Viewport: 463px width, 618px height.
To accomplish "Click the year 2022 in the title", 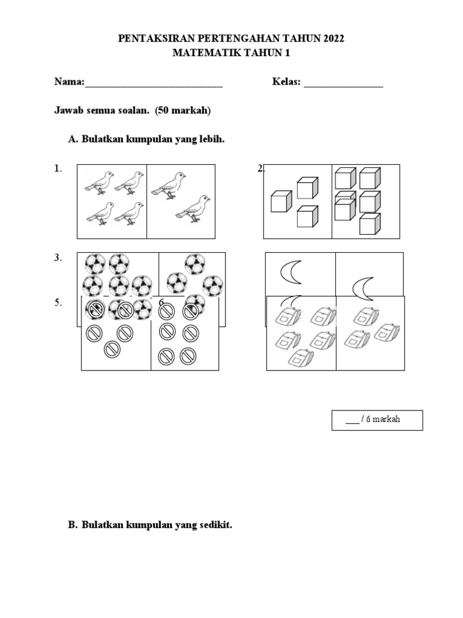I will [332, 39].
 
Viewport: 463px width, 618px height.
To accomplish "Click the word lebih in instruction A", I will [212, 139].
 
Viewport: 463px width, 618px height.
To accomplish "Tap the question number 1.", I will [58, 170].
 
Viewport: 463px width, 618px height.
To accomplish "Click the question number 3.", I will [58, 258].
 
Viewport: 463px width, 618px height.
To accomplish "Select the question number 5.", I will [58, 303].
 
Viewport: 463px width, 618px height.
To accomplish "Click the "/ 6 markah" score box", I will [377, 420].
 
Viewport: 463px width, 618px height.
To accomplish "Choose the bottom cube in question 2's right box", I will [370, 223].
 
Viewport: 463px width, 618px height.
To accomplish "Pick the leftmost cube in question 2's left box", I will [280, 201].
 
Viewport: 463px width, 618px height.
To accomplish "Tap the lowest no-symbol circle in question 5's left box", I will [112, 349].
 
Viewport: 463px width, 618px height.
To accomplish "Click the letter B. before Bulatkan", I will [73, 525].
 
